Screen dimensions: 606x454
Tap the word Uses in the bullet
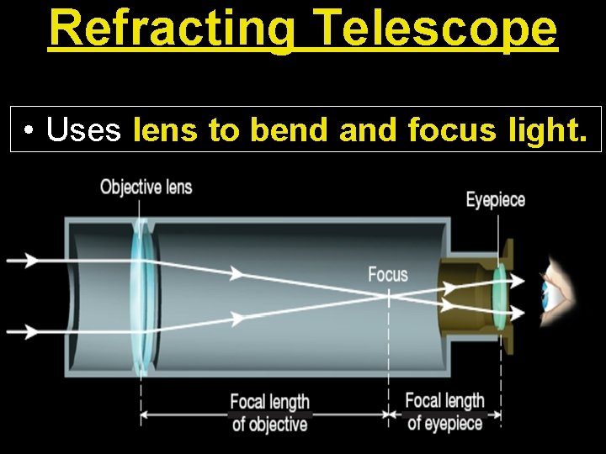[84, 129]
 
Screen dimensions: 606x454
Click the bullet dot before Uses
[29, 130]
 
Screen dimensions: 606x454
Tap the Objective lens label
[146, 186]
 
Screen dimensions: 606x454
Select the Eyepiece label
[496, 200]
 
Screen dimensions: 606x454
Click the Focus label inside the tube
[387, 274]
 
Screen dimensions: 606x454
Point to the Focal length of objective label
[270, 412]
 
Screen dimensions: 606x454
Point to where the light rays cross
[388, 294]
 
